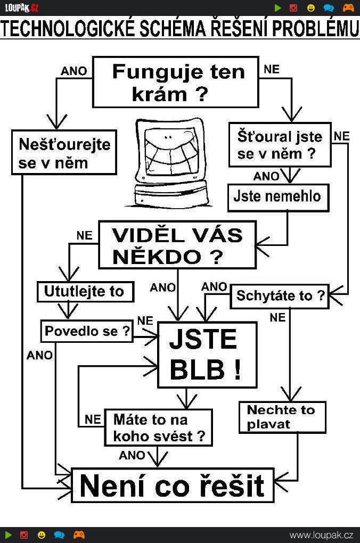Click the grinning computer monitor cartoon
click(170, 163)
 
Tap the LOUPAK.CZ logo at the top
click(21, 7)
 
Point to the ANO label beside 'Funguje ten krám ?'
click(74, 71)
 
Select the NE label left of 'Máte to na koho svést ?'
click(93, 419)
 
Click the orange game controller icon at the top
click(348, 7)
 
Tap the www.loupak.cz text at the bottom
click(321, 536)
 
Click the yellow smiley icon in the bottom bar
click(41, 535)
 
